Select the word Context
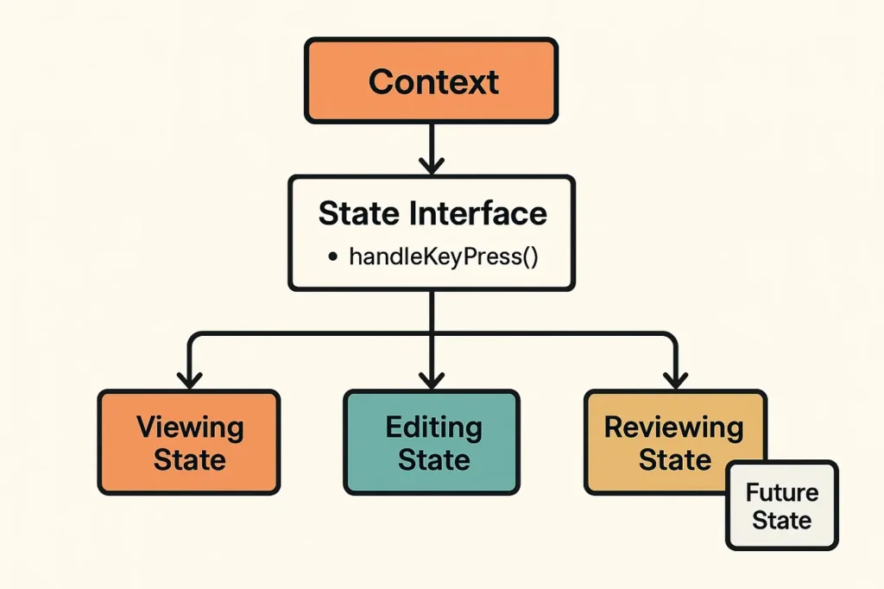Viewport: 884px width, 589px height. coord(433,82)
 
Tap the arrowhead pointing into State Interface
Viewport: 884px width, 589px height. coord(431,164)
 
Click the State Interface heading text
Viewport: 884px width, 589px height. coord(432,213)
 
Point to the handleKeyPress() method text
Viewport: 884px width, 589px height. coord(443,256)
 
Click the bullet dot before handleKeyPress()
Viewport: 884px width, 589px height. coord(331,257)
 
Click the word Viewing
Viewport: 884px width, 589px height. coord(190,427)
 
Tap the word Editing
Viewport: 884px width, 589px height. coord(433,427)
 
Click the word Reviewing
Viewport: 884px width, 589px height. coord(673,427)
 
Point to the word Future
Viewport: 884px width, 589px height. coord(781,493)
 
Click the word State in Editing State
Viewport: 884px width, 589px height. coord(433,459)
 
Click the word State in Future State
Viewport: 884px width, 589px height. coord(781,521)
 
